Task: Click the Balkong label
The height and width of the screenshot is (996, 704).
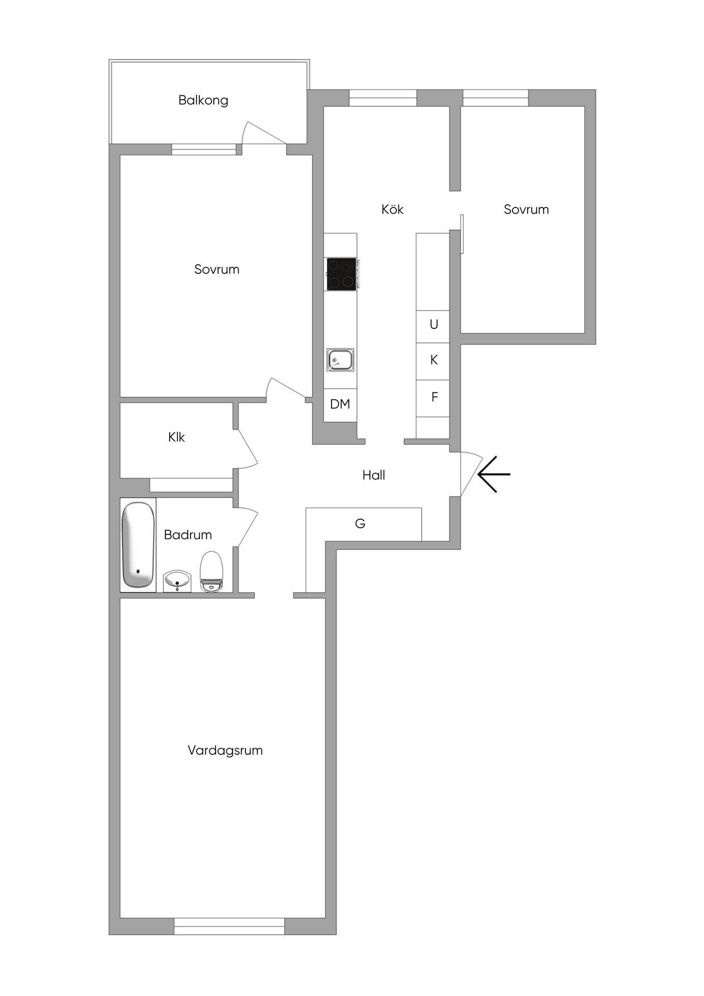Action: tap(203, 100)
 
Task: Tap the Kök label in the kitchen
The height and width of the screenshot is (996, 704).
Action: tap(392, 209)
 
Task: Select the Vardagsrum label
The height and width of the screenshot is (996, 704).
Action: tap(225, 750)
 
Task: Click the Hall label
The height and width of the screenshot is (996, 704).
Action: tap(374, 475)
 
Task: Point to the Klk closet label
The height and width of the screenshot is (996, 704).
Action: tap(176, 437)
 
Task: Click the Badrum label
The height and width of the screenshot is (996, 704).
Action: tap(188, 535)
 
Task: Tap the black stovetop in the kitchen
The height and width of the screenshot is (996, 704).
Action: tap(341, 273)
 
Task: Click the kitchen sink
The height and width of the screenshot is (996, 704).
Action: tap(340, 360)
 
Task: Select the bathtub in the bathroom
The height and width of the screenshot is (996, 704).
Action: tap(139, 545)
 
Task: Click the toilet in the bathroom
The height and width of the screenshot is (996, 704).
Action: tap(211, 572)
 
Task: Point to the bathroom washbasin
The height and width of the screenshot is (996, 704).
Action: tap(177, 581)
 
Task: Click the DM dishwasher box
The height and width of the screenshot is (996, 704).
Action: tap(340, 405)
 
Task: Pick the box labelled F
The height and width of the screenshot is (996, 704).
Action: tap(433, 398)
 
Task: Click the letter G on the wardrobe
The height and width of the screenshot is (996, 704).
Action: tap(360, 523)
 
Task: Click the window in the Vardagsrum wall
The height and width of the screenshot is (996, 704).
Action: tap(229, 926)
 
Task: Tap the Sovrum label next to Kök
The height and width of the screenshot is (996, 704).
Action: tap(526, 209)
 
